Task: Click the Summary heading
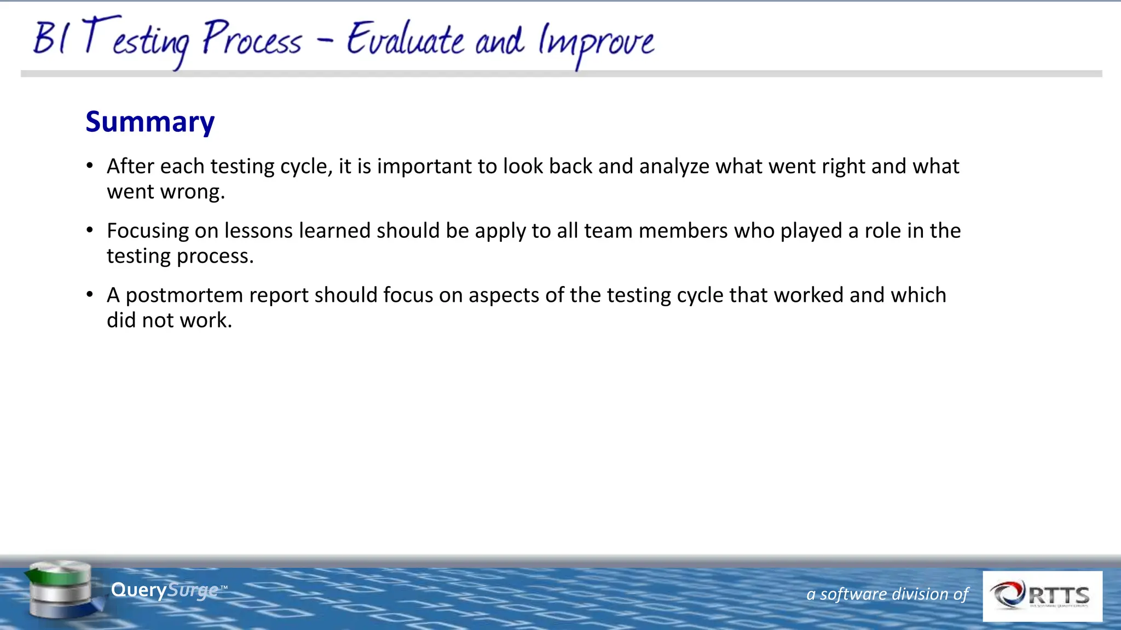[150, 122]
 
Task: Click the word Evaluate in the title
[405, 40]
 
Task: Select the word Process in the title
[252, 39]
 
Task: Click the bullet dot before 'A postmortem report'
[90, 295]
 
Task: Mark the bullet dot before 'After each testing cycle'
[90, 166]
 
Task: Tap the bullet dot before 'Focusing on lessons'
[90, 231]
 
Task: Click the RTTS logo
[1042, 596]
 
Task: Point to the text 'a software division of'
[887, 594]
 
